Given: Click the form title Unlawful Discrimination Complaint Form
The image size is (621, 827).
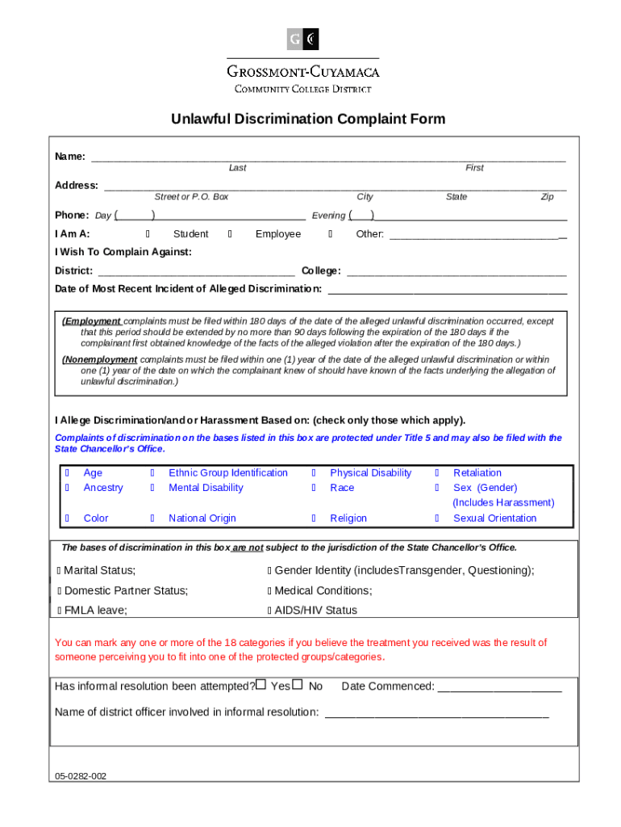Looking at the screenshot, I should point(307,120).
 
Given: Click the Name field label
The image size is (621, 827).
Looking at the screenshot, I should point(70,157).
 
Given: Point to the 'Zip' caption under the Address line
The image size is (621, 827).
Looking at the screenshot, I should point(547,197).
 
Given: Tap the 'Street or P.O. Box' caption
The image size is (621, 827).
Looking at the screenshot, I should point(191,197).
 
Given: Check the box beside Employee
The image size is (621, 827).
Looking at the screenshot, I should point(231,234).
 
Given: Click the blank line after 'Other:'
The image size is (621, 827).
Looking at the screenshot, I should point(477,235).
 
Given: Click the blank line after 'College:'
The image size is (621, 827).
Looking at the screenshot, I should point(456,271).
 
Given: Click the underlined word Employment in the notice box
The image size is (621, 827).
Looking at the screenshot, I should point(93,321).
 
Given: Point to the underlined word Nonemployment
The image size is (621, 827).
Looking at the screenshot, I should point(101,360).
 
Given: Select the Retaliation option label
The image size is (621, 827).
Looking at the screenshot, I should point(477,473).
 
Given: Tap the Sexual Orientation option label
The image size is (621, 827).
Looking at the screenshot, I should point(494,518).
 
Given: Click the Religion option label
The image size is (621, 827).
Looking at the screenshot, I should point(348,518).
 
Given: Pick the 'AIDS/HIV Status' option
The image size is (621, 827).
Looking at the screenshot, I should point(315,611).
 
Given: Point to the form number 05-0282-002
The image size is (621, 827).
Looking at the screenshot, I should point(81,776).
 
